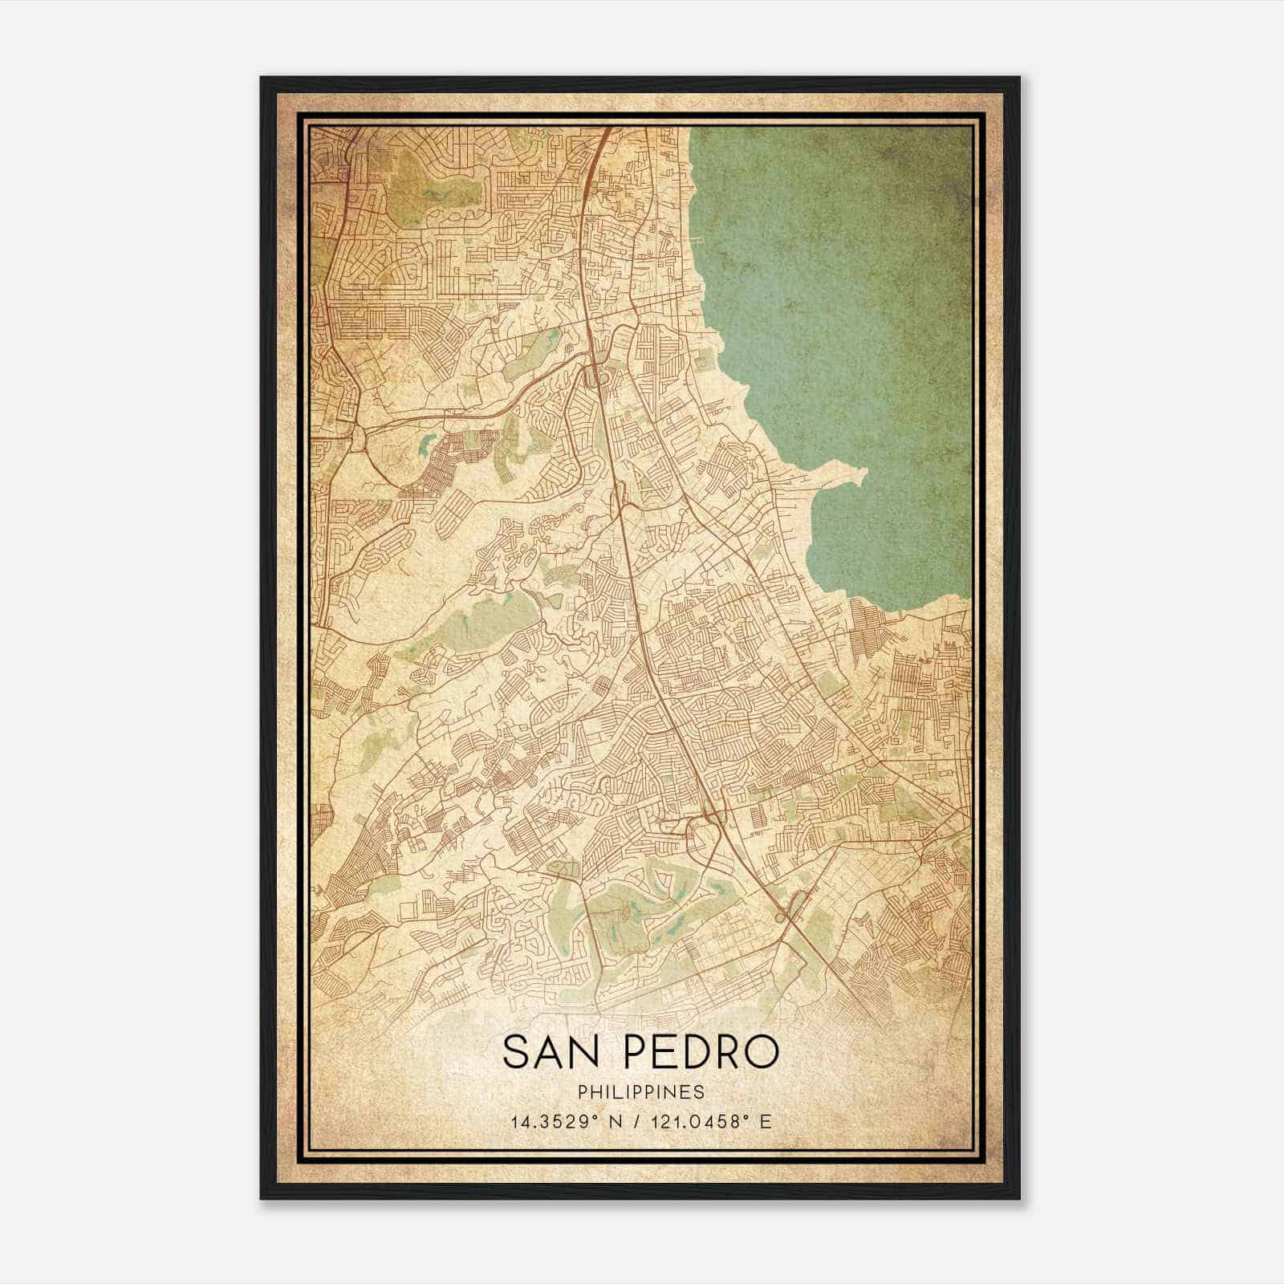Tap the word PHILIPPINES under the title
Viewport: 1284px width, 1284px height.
click(x=640, y=1092)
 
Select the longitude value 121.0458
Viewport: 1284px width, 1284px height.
click(x=698, y=1121)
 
